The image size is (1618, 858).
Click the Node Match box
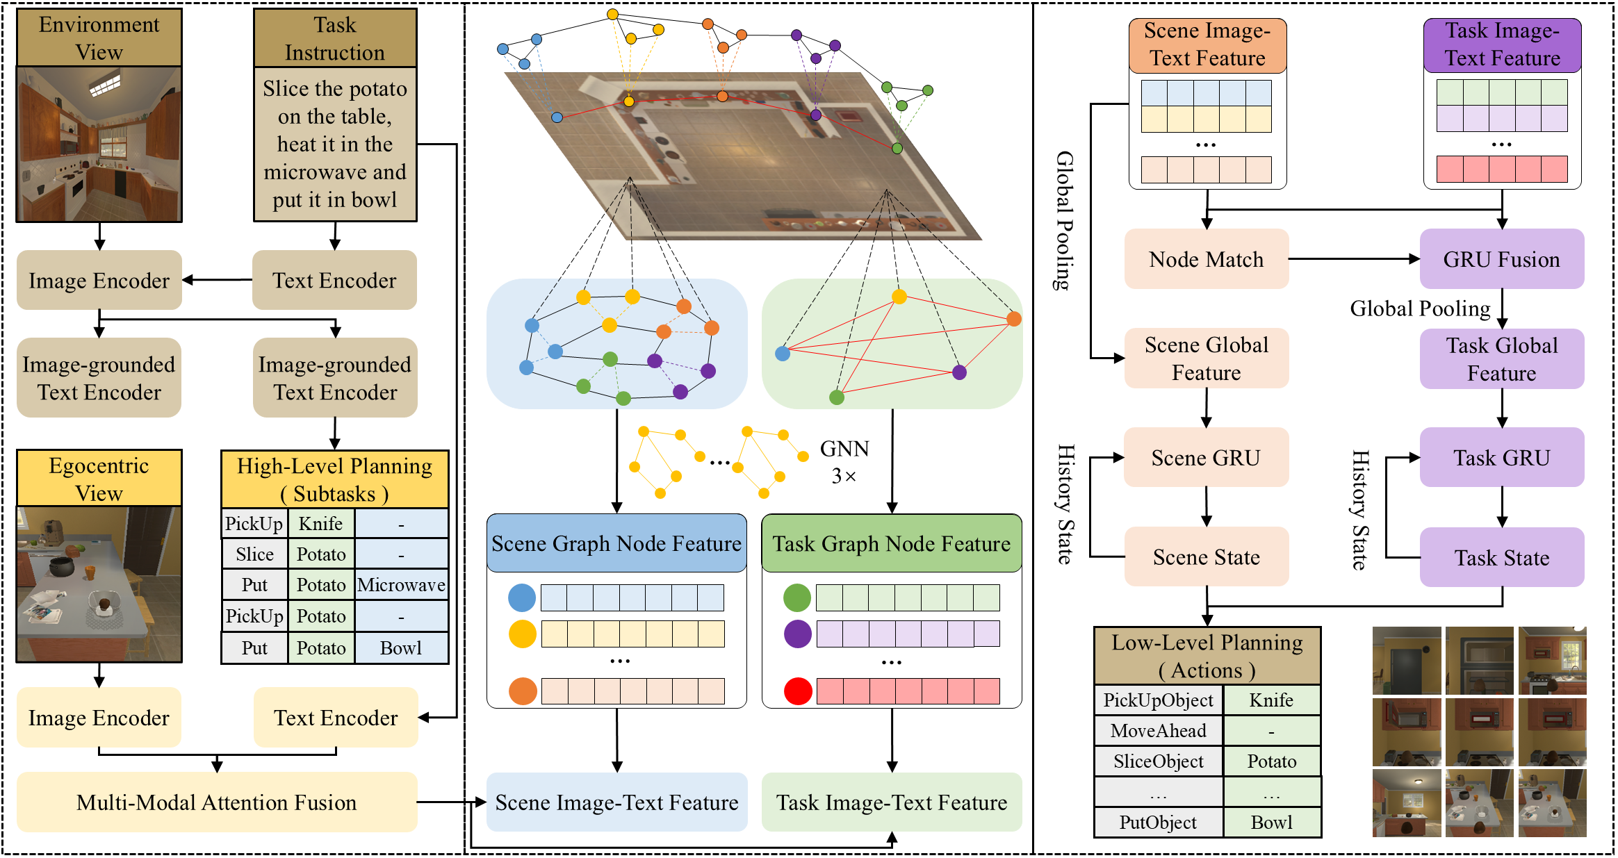click(1206, 259)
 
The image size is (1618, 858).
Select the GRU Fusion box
click(1501, 259)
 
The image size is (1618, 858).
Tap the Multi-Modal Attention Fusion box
click(216, 802)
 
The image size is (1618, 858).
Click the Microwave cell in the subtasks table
click(401, 585)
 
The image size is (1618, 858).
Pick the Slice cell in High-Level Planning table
click(254, 554)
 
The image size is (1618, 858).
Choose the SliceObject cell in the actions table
click(1158, 761)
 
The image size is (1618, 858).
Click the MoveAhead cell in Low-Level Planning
click(1158, 731)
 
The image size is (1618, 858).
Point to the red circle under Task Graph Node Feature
click(798, 691)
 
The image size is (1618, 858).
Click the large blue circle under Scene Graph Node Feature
click(522, 597)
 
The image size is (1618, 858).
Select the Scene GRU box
click(1206, 458)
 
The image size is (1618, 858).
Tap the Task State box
click(1501, 558)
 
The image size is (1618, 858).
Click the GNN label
click(844, 449)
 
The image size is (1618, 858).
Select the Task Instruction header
click(335, 38)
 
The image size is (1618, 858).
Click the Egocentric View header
click(99, 479)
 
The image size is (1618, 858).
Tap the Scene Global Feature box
click(1206, 358)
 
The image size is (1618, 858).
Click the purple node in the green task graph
click(959, 372)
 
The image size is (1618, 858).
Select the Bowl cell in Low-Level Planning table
click(1271, 823)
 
